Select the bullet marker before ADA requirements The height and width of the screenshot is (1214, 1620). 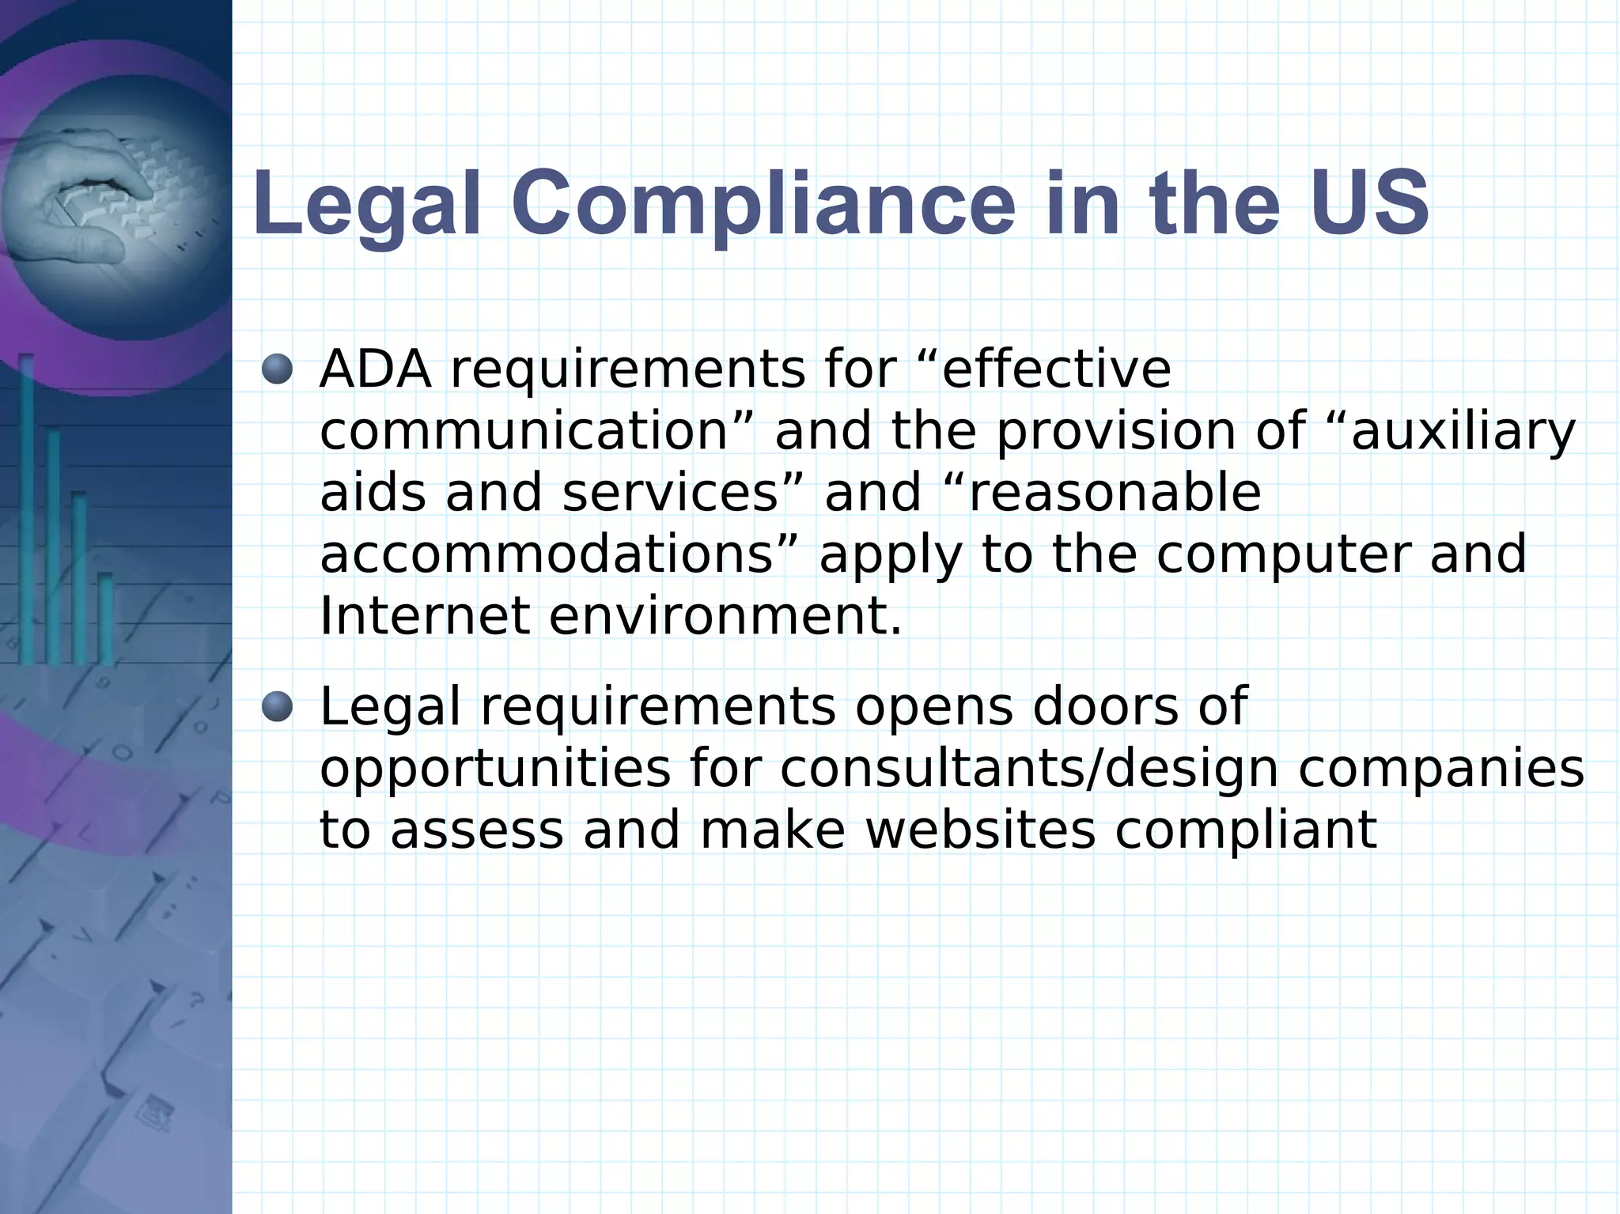277,369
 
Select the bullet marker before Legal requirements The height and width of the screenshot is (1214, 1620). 277,706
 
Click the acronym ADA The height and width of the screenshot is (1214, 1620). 376,369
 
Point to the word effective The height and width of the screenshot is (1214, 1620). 1056,369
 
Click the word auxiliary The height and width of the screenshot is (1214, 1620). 1463,432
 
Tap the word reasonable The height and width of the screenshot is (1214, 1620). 1115,493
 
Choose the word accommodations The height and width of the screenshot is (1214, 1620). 546,554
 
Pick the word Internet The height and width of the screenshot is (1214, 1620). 424,616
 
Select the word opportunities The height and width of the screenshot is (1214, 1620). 495,769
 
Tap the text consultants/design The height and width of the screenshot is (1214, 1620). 1028,769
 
